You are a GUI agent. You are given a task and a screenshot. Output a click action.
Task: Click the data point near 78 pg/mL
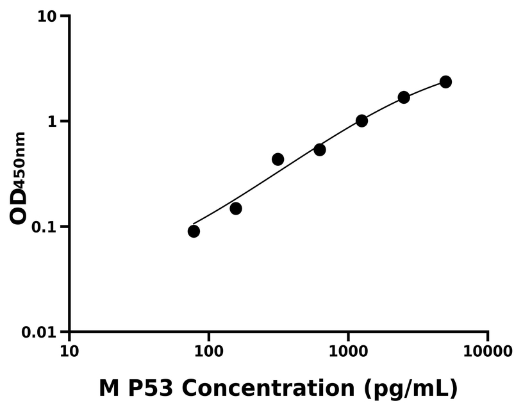tap(194, 231)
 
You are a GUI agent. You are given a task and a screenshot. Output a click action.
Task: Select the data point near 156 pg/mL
tap(236, 208)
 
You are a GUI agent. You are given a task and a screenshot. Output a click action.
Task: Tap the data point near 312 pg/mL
tap(278, 159)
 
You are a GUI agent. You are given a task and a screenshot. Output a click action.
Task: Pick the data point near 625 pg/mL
tap(320, 149)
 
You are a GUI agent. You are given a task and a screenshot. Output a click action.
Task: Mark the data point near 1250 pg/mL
tap(361, 120)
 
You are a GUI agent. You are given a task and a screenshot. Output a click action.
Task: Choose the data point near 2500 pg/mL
tap(404, 97)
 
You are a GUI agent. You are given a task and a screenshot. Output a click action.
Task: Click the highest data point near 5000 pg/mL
tap(445, 81)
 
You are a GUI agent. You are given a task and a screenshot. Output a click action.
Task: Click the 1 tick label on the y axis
tap(53, 122)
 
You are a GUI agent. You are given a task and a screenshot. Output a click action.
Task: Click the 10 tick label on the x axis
tap(69, 351)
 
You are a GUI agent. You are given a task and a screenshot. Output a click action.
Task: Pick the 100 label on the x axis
tap(209, 351)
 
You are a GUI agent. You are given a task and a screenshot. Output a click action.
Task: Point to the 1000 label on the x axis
tap(349, 351)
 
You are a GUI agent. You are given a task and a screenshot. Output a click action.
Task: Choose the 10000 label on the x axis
tap(488, 351)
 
